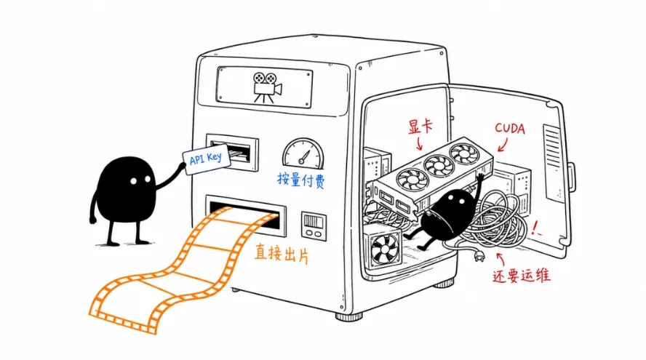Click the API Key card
pyautogui.click(x=207, y=159)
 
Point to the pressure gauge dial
pyautogui.click(x=303, y=153)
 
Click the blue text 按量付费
pyautogui.click(x=301, y=180)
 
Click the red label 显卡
pyautogui.click(x=420, y=126)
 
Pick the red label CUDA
pyautogui.click(x=510, y=129)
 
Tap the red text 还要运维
pyautogui.click(x=522, y=275)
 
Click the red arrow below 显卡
pyautogui.click(x=420, y=144)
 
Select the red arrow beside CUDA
pyautogui.click(x=503, y=145)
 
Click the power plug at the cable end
pyautogui.click(x=479, y=257)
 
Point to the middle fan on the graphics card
pyautogui.click(x=439, y=166)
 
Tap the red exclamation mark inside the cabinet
pyautogui.click(x=535, y=228)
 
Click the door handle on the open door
pyautogui.click(x=572, y=177)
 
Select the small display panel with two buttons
pyautogui.click(x=314, y=226)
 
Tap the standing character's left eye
pyautogui.click(x=133, y=181)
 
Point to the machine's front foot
pyautogui.click(x=348, y=316)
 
